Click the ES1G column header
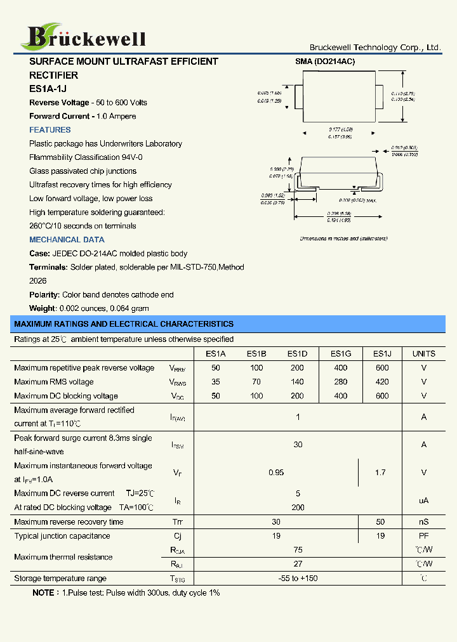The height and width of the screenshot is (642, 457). point(341,354)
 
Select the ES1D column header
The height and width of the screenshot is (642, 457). point(297,354)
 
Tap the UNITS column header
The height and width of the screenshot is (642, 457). point(423,354)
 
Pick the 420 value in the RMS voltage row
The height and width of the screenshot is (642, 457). point(382,382)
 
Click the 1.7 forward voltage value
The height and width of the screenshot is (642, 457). point(380,473)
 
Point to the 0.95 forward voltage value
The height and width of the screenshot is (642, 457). point(276,473)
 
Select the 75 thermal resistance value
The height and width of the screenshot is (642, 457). point(298,550)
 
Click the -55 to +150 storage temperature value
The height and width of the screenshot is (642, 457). point(298,579)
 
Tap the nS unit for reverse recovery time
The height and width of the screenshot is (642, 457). point(423,522)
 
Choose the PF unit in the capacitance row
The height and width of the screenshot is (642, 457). point(423,536)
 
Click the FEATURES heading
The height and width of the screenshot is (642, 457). point(50,130)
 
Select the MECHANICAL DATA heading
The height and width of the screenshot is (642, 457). point(67,240)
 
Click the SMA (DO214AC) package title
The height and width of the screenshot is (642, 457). point(325,62)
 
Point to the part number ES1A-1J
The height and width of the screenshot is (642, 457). point(48,89)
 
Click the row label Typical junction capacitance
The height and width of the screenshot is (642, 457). point(62,536)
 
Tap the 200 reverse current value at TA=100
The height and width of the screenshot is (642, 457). point(298,508)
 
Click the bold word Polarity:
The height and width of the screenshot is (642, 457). point(44,295)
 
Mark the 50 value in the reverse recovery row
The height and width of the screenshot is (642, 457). point(380,522)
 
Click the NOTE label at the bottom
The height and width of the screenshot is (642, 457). point(44,593)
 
